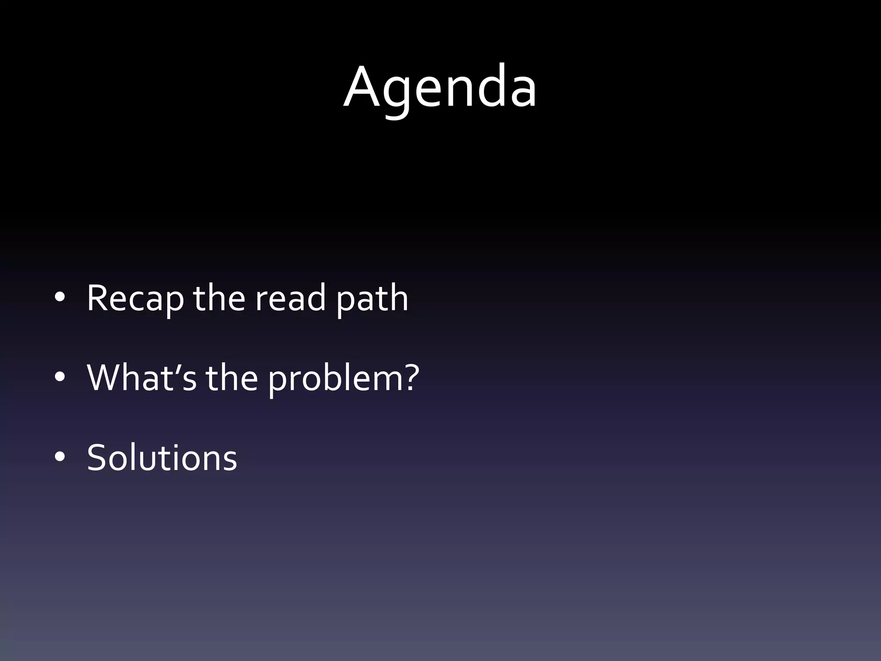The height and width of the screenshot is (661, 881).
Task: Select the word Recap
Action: coord(135,298)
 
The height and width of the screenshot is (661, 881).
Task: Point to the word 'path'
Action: coord(372,298)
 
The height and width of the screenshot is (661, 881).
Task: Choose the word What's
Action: coord(142,377)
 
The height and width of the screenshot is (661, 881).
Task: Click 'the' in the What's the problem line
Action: coord(232,377)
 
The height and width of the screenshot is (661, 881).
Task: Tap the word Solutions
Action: coord(162,457)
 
